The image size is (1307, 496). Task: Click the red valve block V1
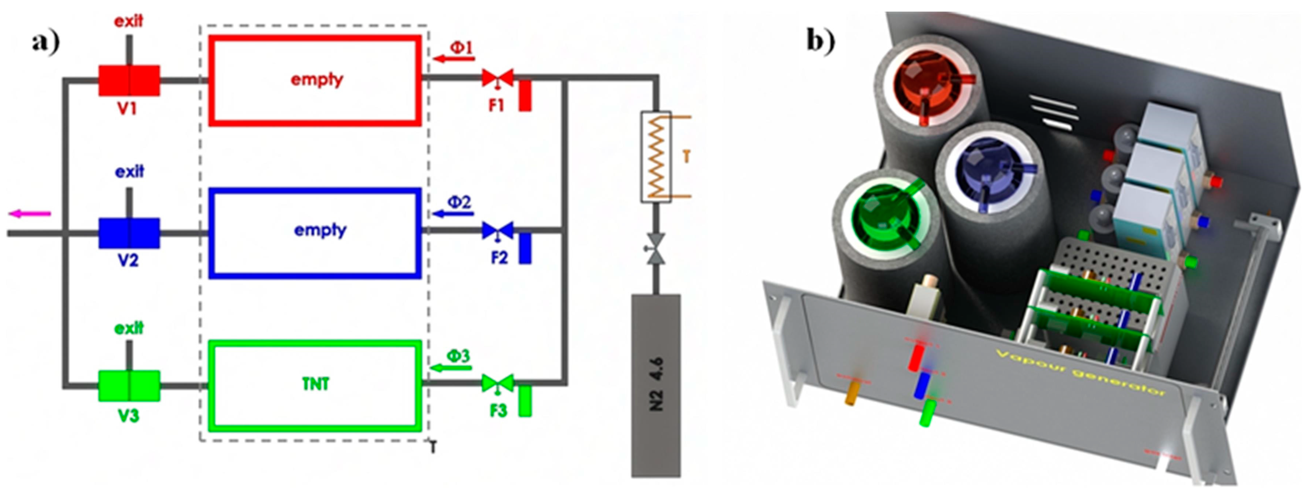(129, 80)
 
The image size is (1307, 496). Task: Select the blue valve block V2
(129, 233)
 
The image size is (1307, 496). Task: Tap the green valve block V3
(129, 386)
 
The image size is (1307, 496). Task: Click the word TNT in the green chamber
(316, 384)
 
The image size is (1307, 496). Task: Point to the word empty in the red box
(317, 80)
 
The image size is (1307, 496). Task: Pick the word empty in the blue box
(319, 230)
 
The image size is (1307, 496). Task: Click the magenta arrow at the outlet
(31, 214)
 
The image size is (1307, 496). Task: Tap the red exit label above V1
(128, 21)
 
